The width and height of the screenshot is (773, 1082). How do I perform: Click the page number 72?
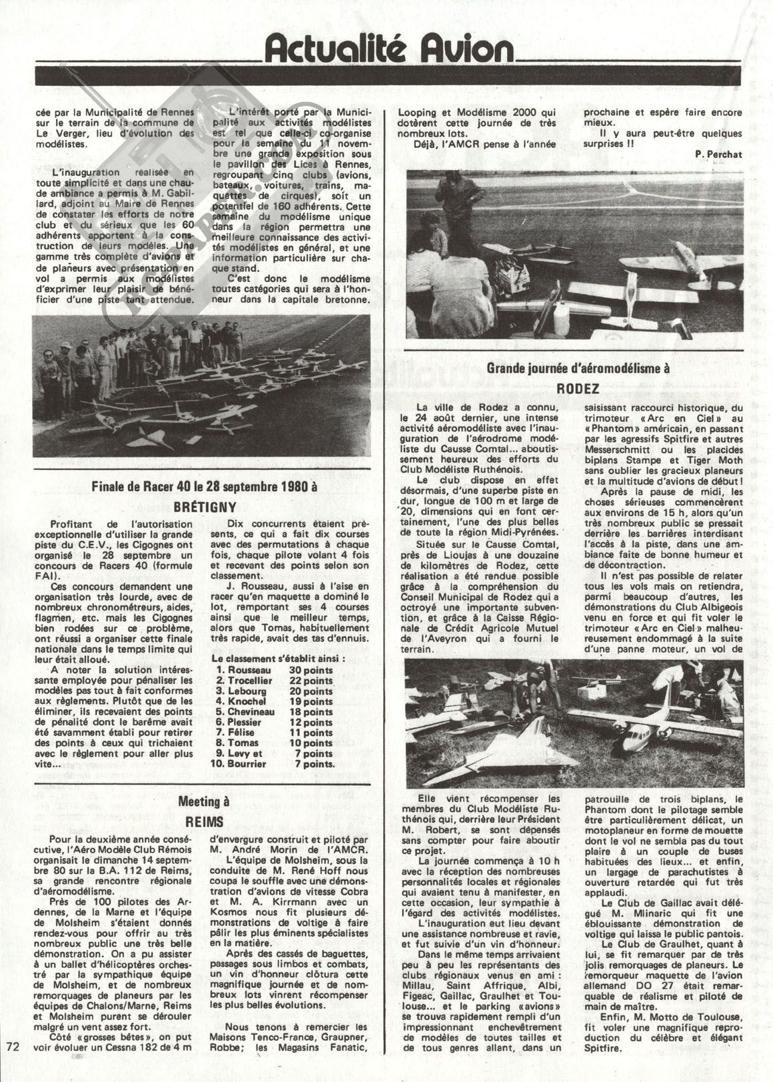tap(11, 1064)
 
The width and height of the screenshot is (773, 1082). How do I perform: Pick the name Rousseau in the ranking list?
tap(249, 669)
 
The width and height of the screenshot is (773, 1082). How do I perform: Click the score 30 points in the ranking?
tap(311, 669)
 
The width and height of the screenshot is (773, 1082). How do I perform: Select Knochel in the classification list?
tap(247, 701)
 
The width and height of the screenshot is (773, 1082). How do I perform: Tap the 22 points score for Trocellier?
tap(311, 680)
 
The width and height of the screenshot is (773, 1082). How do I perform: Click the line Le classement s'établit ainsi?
tap(278, 658)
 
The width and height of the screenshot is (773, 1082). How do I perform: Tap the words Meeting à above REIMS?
tap(203, 802)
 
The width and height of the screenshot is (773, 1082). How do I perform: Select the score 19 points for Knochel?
tap(311, 701)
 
